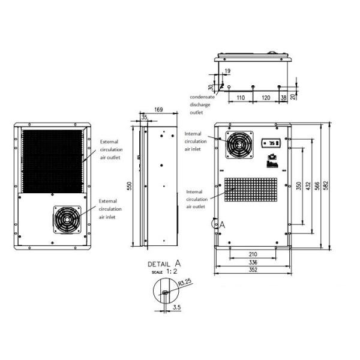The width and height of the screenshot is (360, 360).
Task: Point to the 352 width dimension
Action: click(x=252, y=269)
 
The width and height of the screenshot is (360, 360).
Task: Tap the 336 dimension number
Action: click(x=252, y=262)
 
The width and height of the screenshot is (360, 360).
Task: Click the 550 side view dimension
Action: click(x=129, y=187)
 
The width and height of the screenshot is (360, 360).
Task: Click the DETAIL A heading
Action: click(x=164, y=263)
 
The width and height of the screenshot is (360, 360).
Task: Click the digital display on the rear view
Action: click(x=273, y=143)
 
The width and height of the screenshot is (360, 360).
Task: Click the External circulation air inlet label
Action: click(x=110, y=208)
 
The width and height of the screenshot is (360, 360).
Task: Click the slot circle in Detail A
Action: click(x=164, y=293)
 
